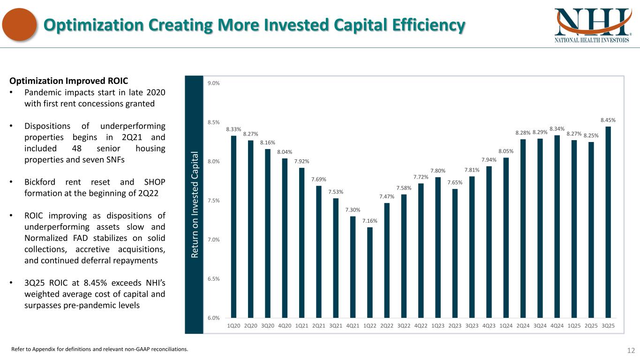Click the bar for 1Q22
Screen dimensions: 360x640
click(370, 272)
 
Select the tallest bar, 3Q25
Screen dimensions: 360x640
click(608, 222)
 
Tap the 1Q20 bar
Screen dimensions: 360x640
click(233, 227)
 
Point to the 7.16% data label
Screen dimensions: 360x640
click(370, 221)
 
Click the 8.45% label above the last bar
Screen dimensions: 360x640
click(608, 120)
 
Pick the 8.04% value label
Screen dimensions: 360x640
click(285, 152)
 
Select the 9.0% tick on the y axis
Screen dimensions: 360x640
click(213, 83)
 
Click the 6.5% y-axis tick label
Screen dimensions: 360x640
click(213, 279)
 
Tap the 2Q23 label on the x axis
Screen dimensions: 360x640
click(455, 326)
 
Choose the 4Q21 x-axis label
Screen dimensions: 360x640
click(353, 326)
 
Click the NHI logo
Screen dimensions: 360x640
click(592, 25)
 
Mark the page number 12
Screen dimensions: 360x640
click(631, 350)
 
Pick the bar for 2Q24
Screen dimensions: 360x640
click(523, 228)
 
